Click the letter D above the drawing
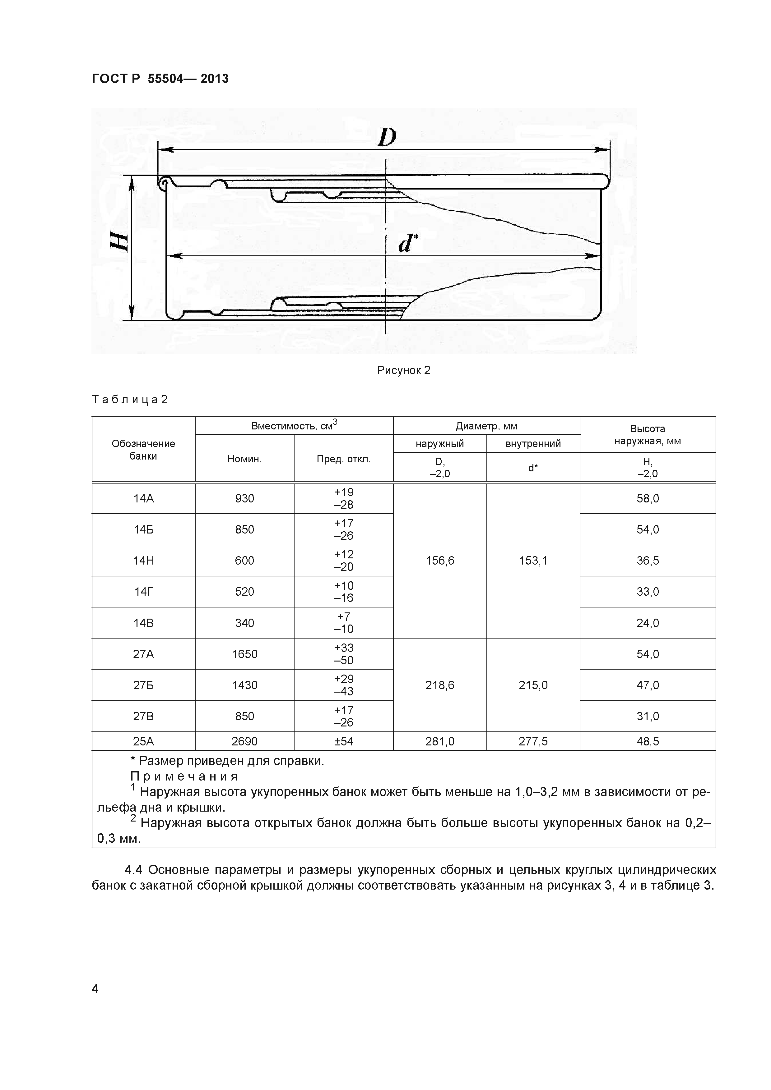[387, 137]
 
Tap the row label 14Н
[143, 560]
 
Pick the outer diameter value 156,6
[439, 560]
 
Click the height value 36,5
[648, 560]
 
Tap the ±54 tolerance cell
[343, 741]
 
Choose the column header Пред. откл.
[343, 459]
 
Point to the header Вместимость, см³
[294, 425]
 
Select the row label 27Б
[143, 685]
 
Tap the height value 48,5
[648, 741]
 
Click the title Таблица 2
[130, 399]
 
